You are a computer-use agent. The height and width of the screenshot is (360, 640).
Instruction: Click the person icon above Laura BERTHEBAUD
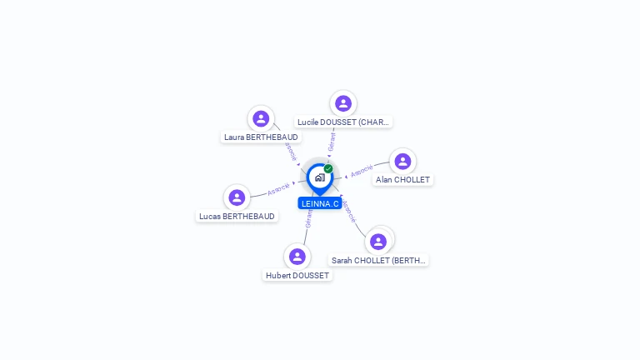pyautogui.click(x=261, y=118)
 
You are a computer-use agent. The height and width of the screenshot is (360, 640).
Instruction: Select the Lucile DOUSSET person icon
pyautogui.click(x=342, y=103)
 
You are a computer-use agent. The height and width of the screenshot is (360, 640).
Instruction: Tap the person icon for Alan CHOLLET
pyautogui.click(x=402, y=161)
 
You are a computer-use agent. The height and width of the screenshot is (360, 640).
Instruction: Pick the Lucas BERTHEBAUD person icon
pyautogui.click(x=237, y=197)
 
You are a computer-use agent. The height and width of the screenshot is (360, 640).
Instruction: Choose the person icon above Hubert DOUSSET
pyautogui.click(x=297, y=256)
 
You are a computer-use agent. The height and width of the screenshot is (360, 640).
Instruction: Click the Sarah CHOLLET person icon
pyautogui.click(x=378, y=242)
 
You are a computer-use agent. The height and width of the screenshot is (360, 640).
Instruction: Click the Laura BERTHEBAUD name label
pyautogui.click(x=261, y=137)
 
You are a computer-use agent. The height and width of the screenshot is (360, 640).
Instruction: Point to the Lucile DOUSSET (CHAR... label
pyautogui.click(x=343, y=122)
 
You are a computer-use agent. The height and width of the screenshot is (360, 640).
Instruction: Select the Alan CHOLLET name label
pyautogui.click(x=402, y=179)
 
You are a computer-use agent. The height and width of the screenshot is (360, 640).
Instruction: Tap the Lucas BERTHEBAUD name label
pyautogui.click(x=237, y=216)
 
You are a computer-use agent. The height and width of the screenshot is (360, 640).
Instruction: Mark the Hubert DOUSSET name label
pyautogui.click(x=297, y=275)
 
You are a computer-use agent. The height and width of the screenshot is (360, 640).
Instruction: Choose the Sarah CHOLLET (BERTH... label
pyautogui.click(x=378, y=260)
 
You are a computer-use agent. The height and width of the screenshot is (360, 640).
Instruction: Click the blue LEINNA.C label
pyautogui.click(x=320, y=203)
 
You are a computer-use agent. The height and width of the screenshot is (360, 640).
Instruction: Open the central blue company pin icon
pyautogui.click(x=319, y=177)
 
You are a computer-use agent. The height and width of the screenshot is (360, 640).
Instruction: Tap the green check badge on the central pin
pyautogui.click(x=328, y=168)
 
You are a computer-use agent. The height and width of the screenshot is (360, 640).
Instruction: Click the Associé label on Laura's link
pyautogui.click(x=290, y=151)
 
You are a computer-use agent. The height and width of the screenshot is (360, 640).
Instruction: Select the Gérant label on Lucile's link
pyautogui.click(x=332, y=142)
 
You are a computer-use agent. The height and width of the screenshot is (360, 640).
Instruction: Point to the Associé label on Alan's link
pyautogui.click(x=362, y=171)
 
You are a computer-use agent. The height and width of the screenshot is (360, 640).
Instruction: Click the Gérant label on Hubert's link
pyautogui.click(x=309, y=218)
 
